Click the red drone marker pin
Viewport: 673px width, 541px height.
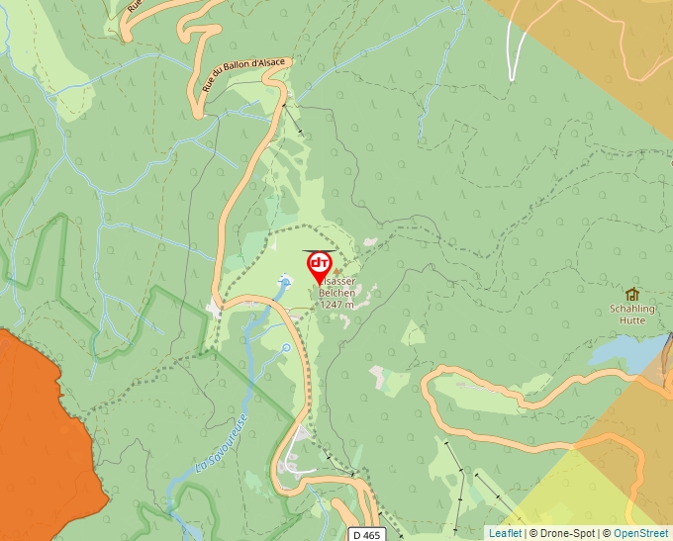tap(319, 266)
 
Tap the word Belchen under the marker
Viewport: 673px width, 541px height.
tap(336, 293)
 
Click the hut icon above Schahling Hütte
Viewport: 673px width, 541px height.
tap(631, 294)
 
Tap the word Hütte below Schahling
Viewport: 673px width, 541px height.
tap(629, 320)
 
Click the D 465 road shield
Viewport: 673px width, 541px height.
tap(365, 535)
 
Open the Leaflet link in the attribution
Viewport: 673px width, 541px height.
tap(505, 534)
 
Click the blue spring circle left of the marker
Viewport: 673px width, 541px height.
tap(285, 282)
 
